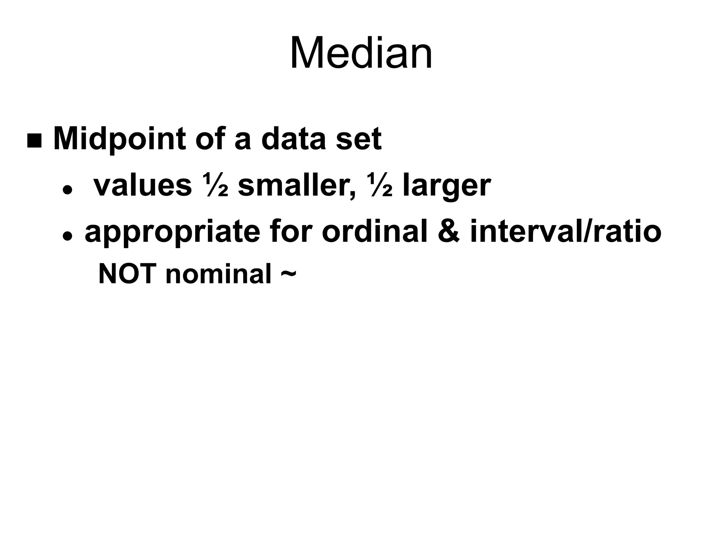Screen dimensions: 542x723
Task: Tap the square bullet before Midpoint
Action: [34, 141]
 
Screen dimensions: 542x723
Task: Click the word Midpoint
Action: [119, 139]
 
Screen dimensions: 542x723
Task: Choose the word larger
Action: [447, 186]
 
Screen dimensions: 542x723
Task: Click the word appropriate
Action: [172, 233]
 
